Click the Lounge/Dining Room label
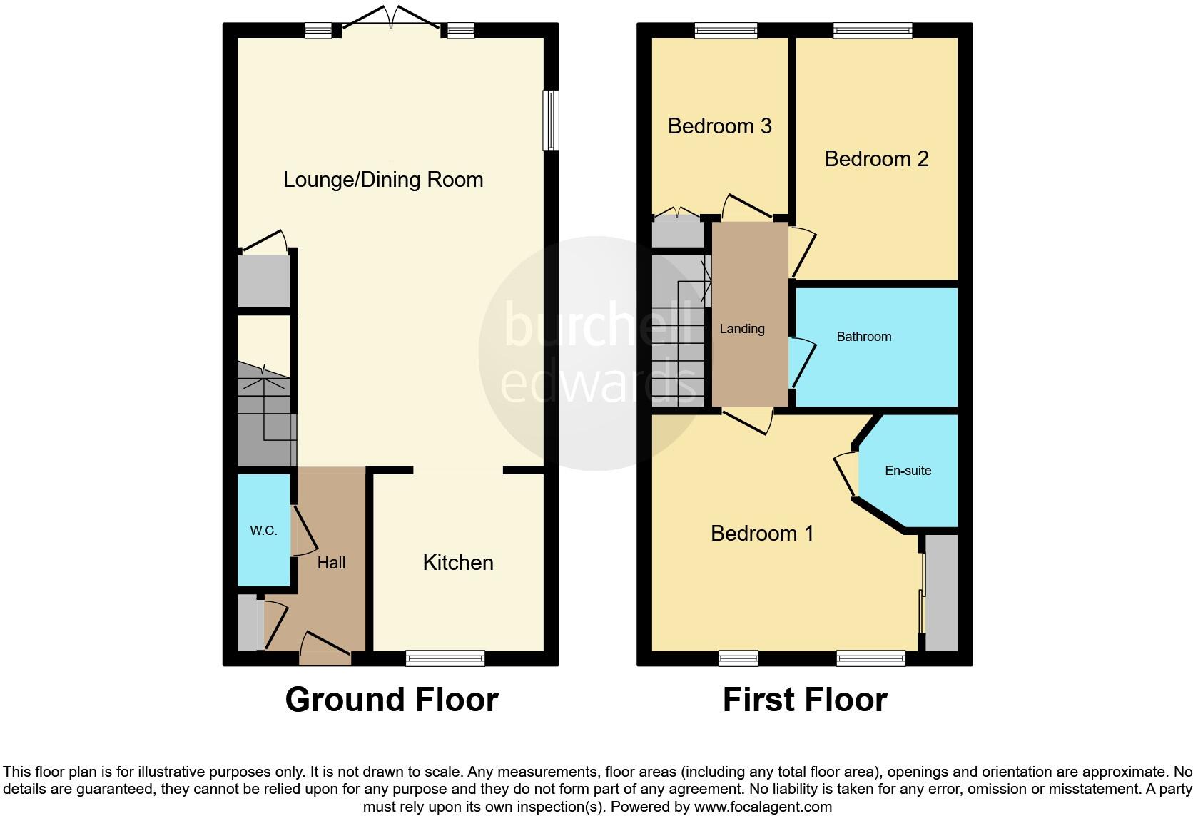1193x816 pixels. [x=383, y=180]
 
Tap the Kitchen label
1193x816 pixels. [x=458, y=563]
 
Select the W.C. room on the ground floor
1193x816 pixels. [x=263, y=531]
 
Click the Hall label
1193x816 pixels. [x=331, y=563]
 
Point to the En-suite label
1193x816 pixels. [x=908, y=471]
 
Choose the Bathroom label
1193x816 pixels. [x=863, y=337]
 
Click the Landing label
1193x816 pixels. [x=742, y=329]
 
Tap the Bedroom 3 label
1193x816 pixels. [x=719, y=126]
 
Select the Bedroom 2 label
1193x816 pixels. [x=876, y=159]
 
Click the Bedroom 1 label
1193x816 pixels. [x=762, y=534]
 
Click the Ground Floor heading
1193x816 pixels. [x=391, y=700]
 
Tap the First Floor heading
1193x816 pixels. [x=805, y=700]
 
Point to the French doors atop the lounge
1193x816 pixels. [x=390, y=20]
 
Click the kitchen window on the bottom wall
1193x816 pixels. [x=445, y=658]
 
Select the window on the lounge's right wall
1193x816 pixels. [x=550, y=120]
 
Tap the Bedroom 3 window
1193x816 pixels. [x=726, y=30]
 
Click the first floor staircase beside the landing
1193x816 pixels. [x=679, y=332]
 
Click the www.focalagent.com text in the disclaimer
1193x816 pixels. [x=763, y=807]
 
